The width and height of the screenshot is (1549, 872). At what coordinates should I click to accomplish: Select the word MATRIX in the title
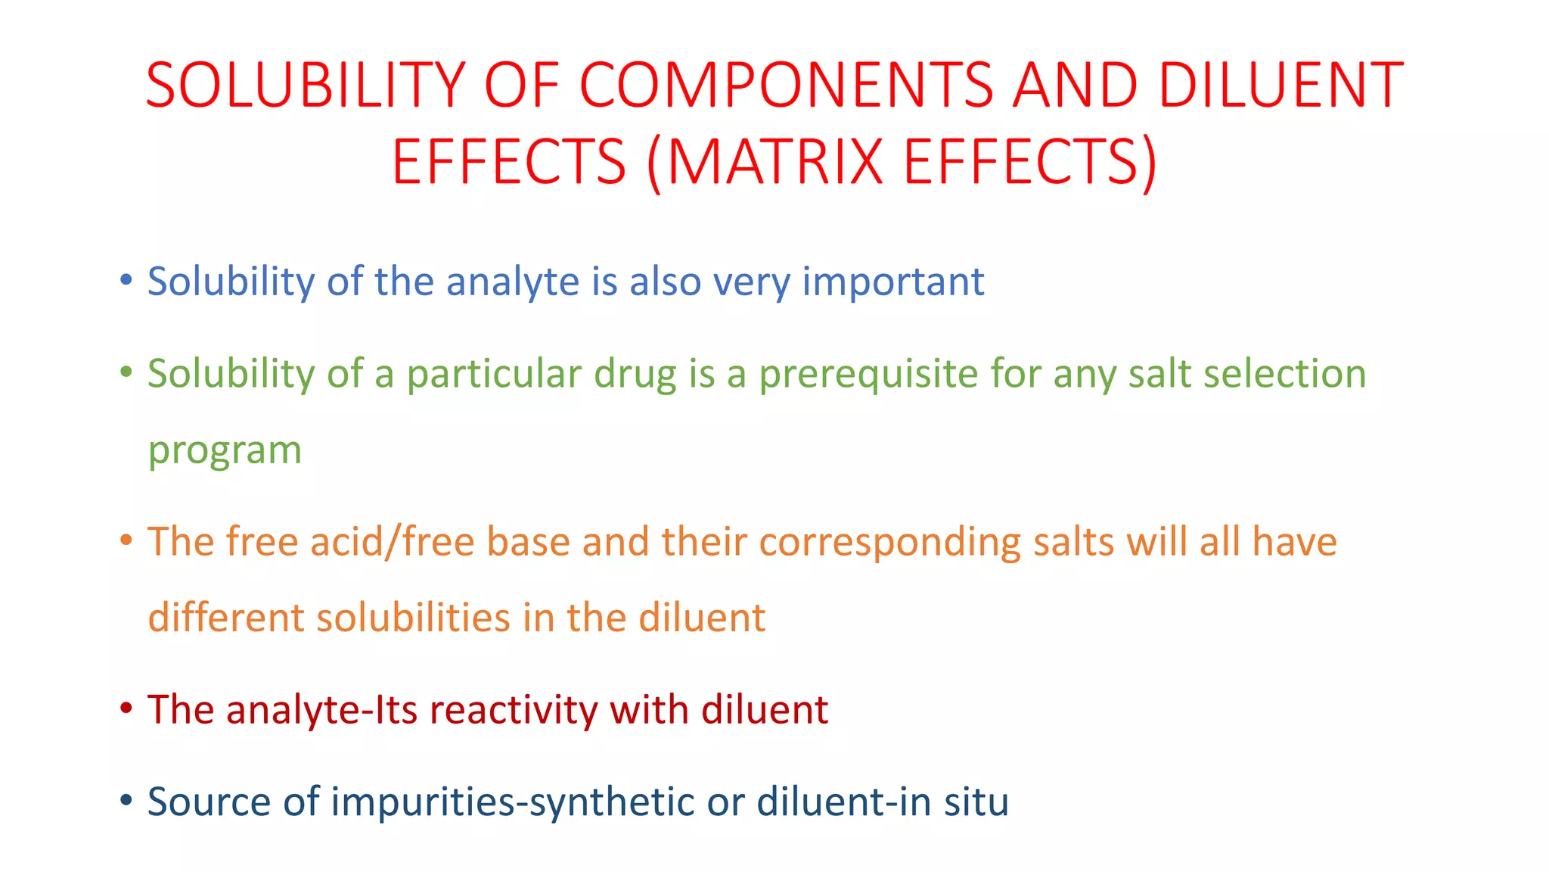tap(774, 161)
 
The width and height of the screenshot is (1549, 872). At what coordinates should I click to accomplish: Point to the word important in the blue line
tap(892, 282)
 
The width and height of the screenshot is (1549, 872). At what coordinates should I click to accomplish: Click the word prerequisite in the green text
tap(868, 375)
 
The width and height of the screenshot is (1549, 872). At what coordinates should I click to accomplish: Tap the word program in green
tap(225, 450)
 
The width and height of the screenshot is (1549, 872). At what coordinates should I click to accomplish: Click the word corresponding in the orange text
tap(889, 543)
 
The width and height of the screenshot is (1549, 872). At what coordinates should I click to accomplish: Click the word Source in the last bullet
tap(209, 802)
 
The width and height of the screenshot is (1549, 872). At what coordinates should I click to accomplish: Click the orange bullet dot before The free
tap(126, 540)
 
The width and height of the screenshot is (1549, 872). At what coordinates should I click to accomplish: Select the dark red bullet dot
tap(126, 708)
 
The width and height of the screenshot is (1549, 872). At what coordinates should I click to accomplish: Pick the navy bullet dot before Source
tap(126, 800)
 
